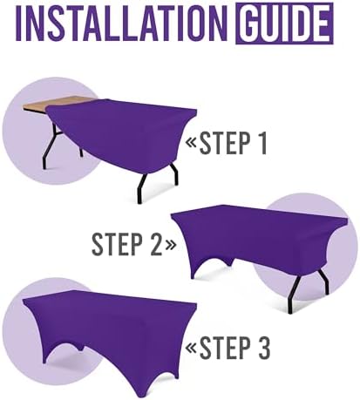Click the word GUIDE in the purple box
[282, 23]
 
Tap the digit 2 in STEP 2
[153, 244]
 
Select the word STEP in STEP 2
[117, 244]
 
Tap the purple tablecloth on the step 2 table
[253, 235]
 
